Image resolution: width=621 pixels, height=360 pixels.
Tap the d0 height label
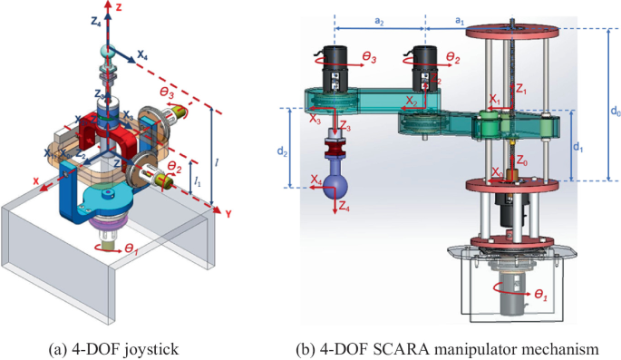616,112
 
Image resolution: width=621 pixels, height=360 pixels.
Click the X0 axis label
495,172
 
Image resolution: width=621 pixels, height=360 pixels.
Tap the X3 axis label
314,119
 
